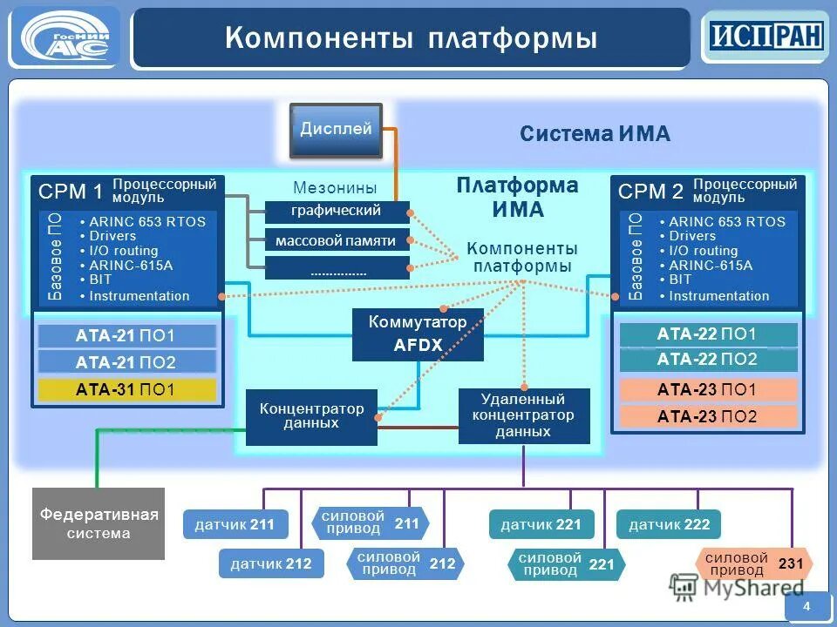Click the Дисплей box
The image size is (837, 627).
coord(336,130)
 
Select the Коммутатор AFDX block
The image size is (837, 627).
coord(418,334)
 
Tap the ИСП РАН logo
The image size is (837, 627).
coord(765,37)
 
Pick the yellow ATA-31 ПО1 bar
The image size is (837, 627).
coord(124,390)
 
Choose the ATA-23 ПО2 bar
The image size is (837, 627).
coord(707,416)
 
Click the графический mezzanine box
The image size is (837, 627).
coord(337,211)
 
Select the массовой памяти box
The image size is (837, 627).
coord(337,240)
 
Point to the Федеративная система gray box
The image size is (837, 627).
coord(99,523)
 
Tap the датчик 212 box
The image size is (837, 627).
coord(271,564)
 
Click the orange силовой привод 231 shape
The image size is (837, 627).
coord(753,563)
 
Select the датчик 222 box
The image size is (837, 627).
coord(669,524)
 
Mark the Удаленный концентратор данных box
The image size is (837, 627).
coord(523,415)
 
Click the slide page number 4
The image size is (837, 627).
coord(806,606)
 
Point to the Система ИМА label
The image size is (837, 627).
coord(595,133)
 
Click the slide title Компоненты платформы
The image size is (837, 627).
coord(411,38)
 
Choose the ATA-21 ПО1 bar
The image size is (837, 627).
coord(124,336)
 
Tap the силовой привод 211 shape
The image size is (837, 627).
coord(370,523)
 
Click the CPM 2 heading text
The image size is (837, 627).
coord(650,191)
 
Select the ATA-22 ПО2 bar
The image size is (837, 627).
coord(707,360)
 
